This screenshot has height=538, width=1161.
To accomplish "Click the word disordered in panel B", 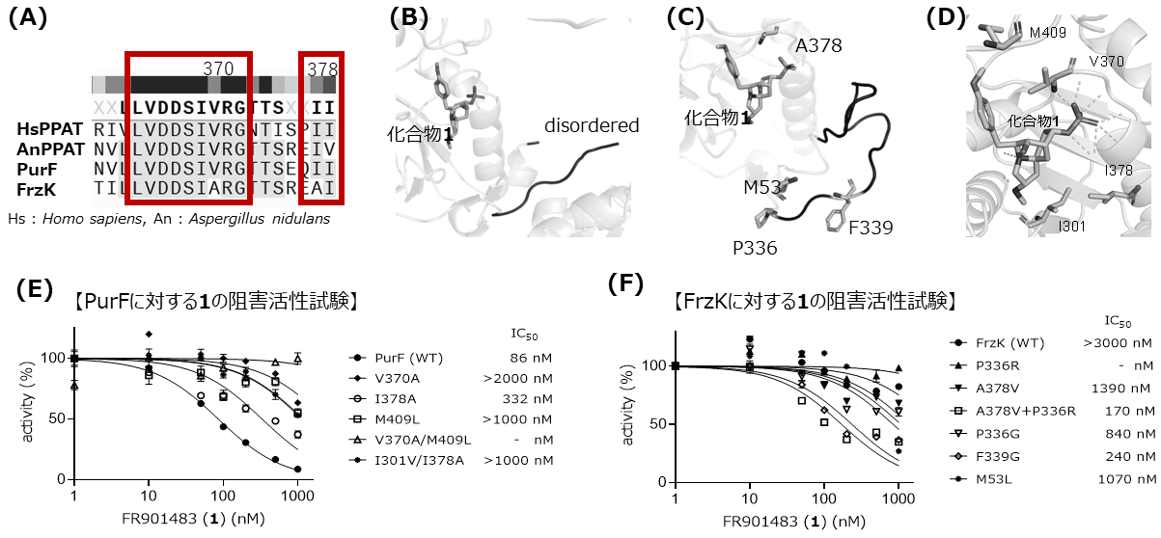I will coord(592,125).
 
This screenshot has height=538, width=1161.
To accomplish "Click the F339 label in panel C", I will coord(871,228).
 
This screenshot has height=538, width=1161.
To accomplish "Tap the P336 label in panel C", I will coord(755,248).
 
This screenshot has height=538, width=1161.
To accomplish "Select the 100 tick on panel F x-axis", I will coord(823,498).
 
